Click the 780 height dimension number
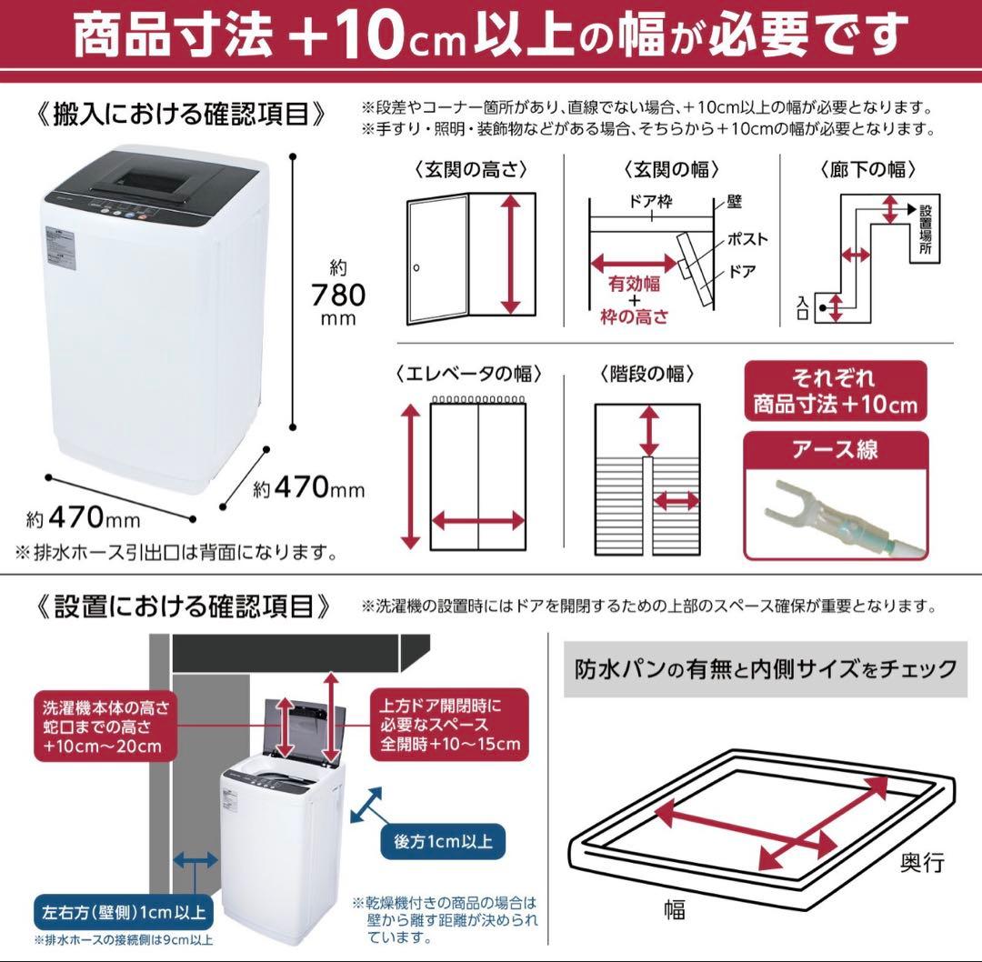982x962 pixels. [337, 295]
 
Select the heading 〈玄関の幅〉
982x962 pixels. [672, 169]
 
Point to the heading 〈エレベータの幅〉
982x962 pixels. [469, 374]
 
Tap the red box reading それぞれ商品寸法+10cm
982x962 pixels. [835, 390]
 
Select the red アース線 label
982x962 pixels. [836, 448]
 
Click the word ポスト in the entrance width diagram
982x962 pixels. [747, 239]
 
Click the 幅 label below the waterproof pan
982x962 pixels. [674, 907]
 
